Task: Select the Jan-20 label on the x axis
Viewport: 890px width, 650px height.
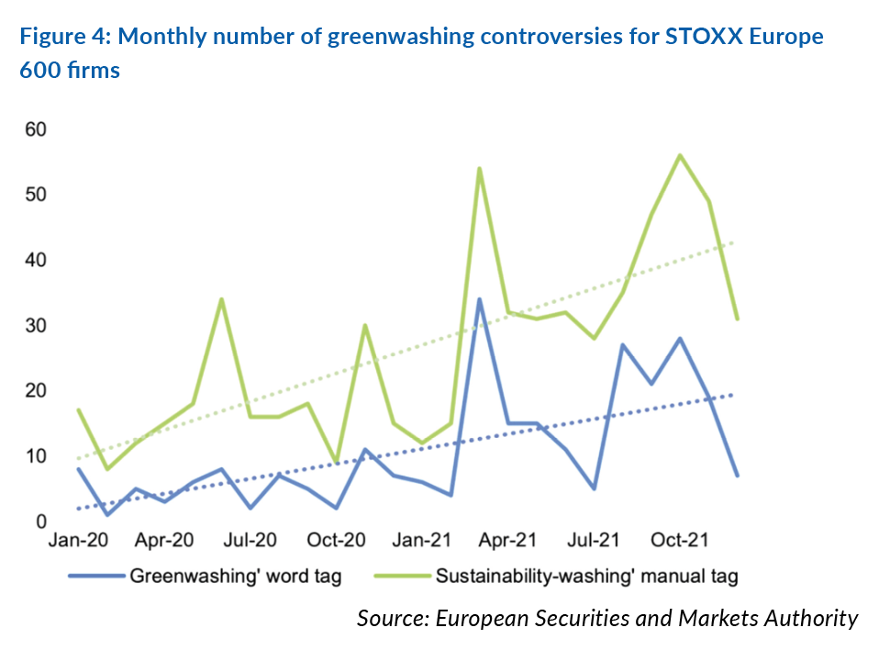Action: (78, 541)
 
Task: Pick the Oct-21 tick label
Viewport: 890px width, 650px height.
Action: (679, 541)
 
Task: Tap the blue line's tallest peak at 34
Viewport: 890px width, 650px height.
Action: (479, 299)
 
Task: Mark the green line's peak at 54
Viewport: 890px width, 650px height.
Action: (479, 169)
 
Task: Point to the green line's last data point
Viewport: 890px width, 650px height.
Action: (737, 319)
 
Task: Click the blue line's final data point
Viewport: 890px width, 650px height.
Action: (737, 476)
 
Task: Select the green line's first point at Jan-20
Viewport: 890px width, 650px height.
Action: (78, 410)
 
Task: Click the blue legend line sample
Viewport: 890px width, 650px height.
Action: (95, 577)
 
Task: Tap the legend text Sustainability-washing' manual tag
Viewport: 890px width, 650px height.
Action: (587, 577)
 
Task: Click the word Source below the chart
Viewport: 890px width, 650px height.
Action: (391, 618)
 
